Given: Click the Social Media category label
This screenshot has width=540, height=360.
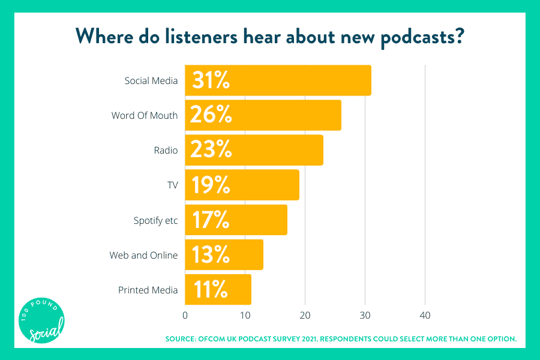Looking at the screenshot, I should pos(151,80).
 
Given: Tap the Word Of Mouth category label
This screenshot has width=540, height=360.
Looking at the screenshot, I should pos(145,115).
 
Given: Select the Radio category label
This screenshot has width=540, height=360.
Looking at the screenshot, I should pos(166,150).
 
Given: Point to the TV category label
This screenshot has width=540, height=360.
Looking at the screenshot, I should pos(172,185).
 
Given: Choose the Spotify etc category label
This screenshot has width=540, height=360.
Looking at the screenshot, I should pos(155,220).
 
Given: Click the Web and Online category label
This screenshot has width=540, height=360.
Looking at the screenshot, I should pos(143,255).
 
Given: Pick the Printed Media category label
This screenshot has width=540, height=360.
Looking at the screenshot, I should pos(148,290).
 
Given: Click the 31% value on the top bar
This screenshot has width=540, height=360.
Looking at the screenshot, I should pos(211,80).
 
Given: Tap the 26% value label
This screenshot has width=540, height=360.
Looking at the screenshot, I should pos(211,115).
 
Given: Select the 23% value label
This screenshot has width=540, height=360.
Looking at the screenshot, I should pos(211,150).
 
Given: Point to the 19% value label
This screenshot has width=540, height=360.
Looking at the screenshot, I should pos(210,185).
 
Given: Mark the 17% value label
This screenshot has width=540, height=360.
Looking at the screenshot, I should pos(210,220).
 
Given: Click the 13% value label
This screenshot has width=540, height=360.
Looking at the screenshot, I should pos(210,255).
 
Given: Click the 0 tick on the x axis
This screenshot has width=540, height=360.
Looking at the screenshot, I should pos(185,315).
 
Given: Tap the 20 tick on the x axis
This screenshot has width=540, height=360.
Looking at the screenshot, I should pos(305,315).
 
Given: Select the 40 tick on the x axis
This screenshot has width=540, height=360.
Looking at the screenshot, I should pos(425,315).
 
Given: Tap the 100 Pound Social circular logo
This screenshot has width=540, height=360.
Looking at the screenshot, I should pos(41,321).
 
